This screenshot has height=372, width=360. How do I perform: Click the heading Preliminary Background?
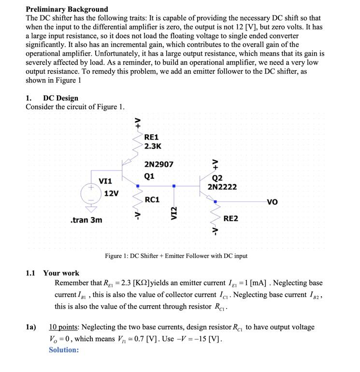[x=67, y=9]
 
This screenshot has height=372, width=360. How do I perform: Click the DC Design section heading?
[x=60, y=98]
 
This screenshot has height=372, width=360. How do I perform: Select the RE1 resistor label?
[x=151, y=137]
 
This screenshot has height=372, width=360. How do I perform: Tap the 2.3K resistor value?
[x=153, y=146]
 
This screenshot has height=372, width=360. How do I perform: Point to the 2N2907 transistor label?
[x=158, y=165]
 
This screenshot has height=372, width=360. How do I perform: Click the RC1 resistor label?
[x=152, y=200]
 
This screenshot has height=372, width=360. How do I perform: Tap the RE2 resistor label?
[x=230, y=219]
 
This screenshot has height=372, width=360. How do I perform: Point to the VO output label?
[x=272, y=202]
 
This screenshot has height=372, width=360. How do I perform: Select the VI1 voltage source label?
[x=105, y=181]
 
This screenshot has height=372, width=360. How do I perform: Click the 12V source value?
[x=111, y=193]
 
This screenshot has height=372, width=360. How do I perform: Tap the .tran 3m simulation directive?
[x=86, y=220]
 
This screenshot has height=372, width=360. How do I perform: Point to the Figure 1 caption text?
[x=176, y=256]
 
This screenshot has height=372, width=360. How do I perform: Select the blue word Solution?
[x=63, y=349]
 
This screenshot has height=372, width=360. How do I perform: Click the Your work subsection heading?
[x=61, y=273]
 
